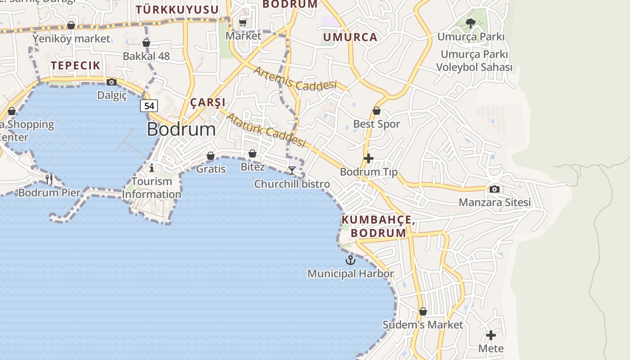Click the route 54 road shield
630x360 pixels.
click(x=149, y=106)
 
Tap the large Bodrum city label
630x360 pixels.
click(x=181, y=130)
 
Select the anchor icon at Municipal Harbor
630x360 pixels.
click(x=350, y=260)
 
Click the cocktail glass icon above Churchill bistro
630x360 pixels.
click(x=292, y=170)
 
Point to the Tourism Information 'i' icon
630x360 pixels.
click(x=152, y=168)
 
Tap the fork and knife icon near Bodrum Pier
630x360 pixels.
click(x=49, y=179)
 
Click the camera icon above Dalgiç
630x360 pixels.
click(x=112, y=82)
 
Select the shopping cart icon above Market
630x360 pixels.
click(x=243, y=22)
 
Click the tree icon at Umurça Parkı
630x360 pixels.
click(x=471, y=23)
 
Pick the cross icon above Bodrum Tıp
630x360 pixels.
click(x=369, y=158)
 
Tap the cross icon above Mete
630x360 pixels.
click(x=491, y=335)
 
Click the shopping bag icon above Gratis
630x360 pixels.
click(x=211, y=156)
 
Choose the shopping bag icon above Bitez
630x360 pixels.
click(x=252, y=153)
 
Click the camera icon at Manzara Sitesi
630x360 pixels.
click(x=494, y=189)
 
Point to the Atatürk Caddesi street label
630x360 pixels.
click(x=266, y=130)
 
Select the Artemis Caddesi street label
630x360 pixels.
click(x=295, y=78)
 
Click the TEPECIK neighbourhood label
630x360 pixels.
click(x=75, y=65)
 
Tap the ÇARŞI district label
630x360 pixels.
click(x=207, y=102)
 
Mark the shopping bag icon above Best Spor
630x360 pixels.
click(x=377, y=111)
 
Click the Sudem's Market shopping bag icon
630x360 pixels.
click(x=423, y=311)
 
